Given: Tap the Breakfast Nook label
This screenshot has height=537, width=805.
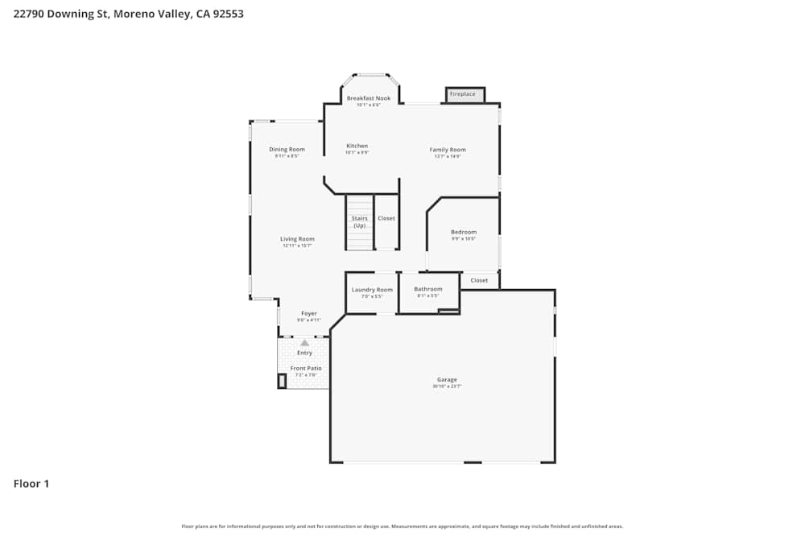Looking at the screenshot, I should click(x=369, y=98).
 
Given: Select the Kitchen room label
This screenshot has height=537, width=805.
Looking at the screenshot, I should click(x=357, y=146).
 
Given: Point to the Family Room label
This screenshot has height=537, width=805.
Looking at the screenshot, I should click(x=448, y=150).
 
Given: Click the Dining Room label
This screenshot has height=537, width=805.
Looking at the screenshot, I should click(x=287, y=149).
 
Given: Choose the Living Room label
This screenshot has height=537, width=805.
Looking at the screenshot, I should click(x=297, y=238).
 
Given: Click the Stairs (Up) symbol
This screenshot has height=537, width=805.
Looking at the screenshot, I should click(x=360, y=221).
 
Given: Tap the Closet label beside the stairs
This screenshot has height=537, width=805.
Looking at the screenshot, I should click(x=386, y=218).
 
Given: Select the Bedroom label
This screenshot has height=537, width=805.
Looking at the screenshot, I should click(x=463, y=232).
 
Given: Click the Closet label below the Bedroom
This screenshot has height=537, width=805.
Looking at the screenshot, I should click(x=479, y=280).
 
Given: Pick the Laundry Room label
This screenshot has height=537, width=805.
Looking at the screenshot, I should click(x=372, y=289).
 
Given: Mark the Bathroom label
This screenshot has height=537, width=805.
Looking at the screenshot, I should click(x=428, y=289).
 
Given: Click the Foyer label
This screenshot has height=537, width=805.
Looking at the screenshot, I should click(x=309, y=313).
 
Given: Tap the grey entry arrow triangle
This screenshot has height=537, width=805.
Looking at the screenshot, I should click(x=304, y=343).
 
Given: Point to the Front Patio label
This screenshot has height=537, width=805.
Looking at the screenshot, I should click(x=306, y=368).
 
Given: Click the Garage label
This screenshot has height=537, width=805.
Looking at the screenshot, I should click(x=447, y=379).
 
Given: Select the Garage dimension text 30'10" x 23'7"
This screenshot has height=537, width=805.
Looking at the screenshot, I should click(x=447, y=386).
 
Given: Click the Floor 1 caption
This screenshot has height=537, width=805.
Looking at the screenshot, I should click(x=31, y=484).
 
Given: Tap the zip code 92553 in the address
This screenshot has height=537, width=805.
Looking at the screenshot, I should click(x=229, y=14).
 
